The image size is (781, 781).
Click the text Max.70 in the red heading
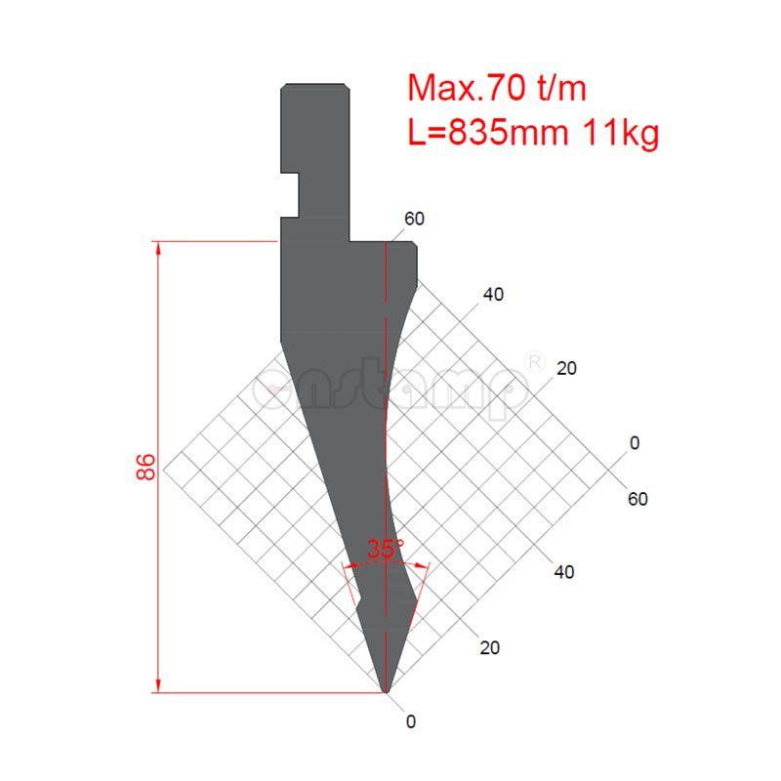pos(460,89)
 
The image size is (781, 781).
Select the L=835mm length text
pos(487,131)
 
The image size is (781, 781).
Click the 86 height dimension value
pos(147,467)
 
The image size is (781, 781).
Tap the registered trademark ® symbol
pos(535,361)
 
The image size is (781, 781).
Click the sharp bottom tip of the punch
pos(387,691)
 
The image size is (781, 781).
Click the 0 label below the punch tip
pos(411,722)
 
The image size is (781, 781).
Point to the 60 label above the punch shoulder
pos(414,219)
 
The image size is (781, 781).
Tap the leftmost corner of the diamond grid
pos(164,469)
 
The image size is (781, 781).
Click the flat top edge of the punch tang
pos(314,85)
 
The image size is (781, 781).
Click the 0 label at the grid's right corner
pos(635,443)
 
